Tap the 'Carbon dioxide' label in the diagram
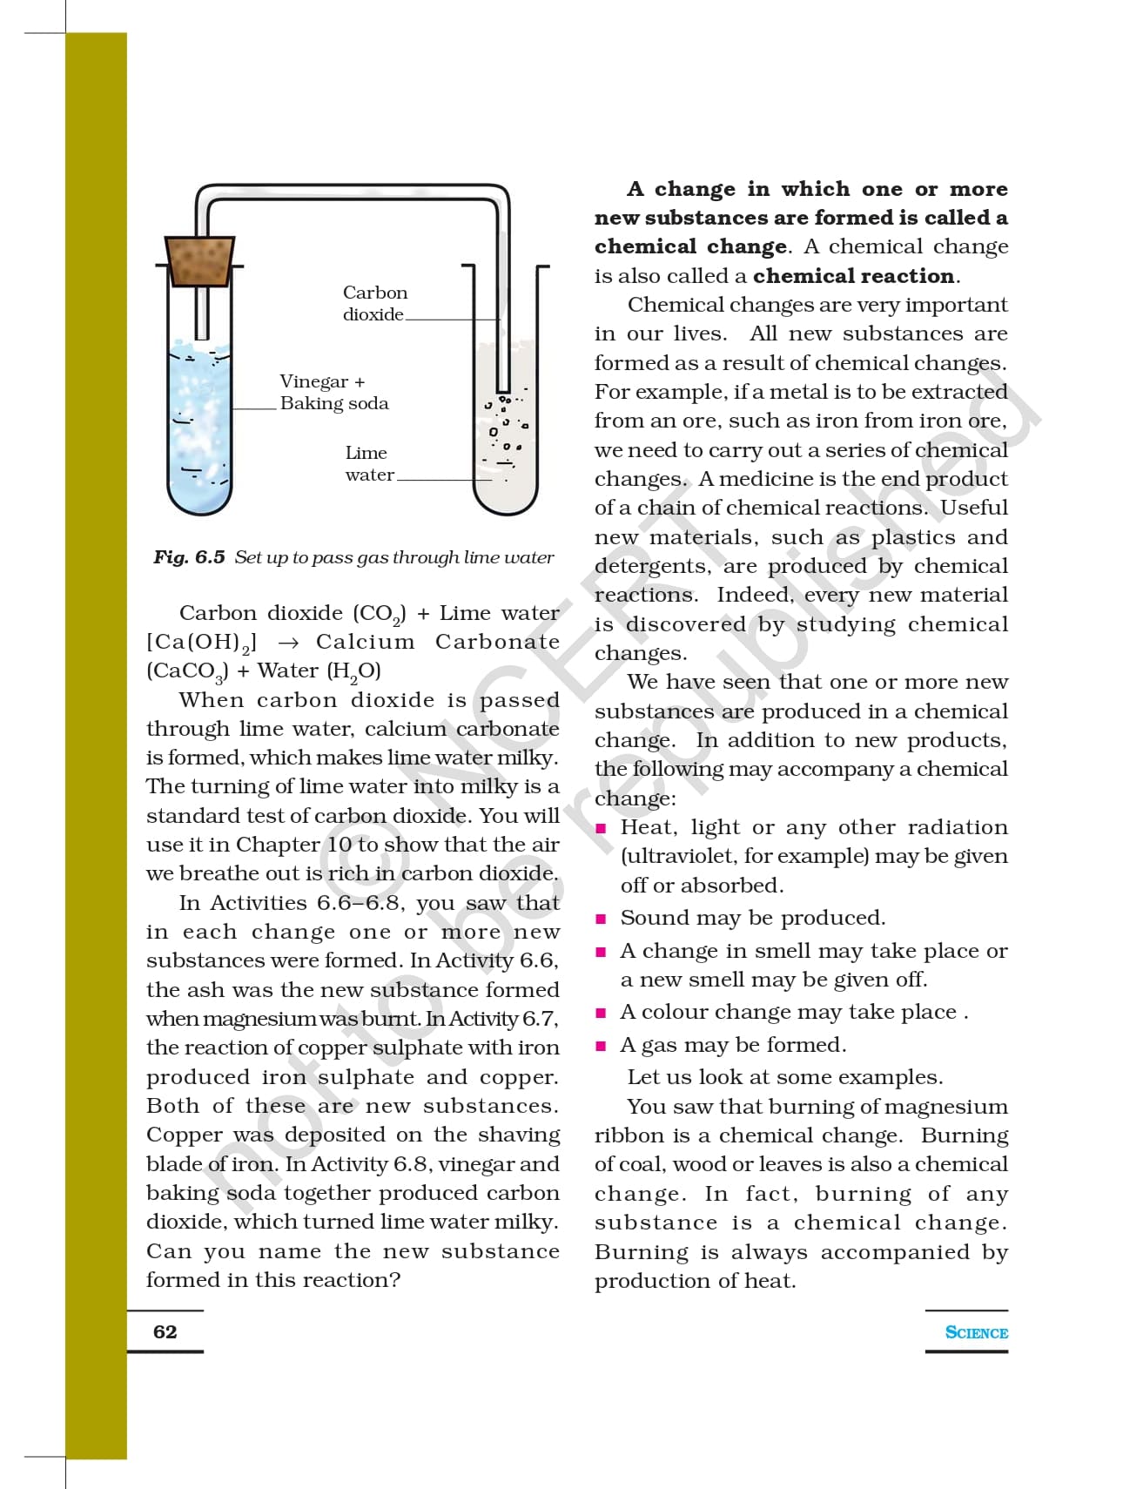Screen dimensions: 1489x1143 374,303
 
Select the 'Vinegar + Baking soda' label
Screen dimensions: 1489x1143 333,393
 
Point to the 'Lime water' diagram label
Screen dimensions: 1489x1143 368,463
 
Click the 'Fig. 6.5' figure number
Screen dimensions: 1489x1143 189,557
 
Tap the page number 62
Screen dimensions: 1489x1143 165,1331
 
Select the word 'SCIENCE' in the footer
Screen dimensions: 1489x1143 976,1332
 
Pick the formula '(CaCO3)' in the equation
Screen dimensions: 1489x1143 187,671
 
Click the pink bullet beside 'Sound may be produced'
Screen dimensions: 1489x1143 601,919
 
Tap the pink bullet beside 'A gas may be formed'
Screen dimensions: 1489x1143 601,1046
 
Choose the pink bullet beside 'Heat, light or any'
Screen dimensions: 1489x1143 601,828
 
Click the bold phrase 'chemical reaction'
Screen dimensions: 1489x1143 853,276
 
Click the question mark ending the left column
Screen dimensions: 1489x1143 394,1280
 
